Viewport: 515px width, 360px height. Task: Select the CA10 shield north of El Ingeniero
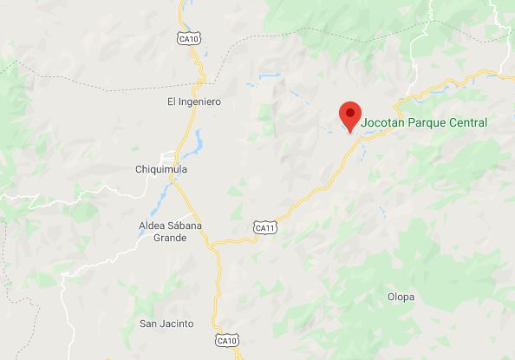tap(188, 39)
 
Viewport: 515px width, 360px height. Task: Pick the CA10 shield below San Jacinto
tap(227, 340)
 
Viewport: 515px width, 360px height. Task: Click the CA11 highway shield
tap(265, 227)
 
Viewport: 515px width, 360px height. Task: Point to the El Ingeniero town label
tap(194, 102)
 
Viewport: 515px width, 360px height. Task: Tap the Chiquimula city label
tap(161, 169)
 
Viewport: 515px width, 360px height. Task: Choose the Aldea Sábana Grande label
tap(170, 232)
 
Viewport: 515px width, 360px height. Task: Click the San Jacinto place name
tap(166, 324)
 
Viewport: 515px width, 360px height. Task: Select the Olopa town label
tap(401, 297)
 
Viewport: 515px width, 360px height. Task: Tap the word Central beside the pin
tap(468, 122)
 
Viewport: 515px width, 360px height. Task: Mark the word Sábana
tap(185, 226)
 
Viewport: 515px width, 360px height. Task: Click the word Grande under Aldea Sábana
tap(170, 238)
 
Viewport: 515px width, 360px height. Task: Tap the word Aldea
tap(152, 226)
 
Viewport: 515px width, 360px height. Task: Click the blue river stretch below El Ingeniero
tap(199, 139)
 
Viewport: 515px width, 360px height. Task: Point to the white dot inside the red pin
tap(349, 111)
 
